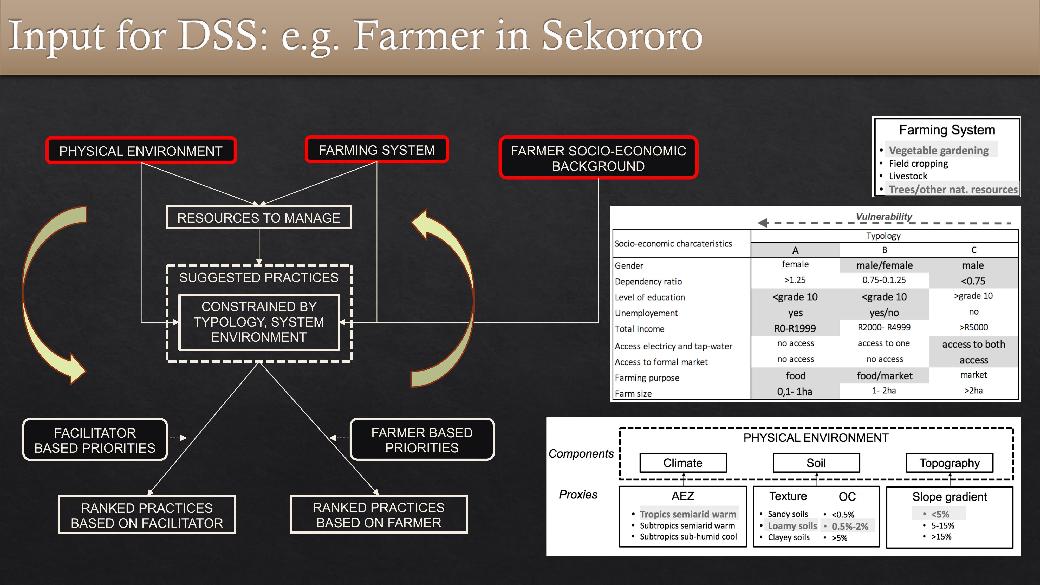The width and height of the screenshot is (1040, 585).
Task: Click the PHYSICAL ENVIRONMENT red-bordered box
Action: pyautogui.click(x=141, y=151)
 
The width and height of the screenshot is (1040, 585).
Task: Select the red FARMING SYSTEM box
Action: pyautogui.click(x=377, y=150)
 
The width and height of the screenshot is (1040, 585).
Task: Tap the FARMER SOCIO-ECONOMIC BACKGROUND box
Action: pyautogui.click(x=598, y=158)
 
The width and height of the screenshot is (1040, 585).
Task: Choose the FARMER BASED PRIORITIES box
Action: pyautogui.click(x=422, y=439)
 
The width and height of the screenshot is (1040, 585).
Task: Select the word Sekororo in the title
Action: pyautogui.click(x=622, y=36)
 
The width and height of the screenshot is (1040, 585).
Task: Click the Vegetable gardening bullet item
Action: pyautogui.click(x=939, y=150)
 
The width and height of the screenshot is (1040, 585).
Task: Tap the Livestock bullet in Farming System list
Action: pyautogui.click(x=908, y=176)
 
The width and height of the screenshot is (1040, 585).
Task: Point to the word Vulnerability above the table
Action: pyautogui.click(x=884, y=216)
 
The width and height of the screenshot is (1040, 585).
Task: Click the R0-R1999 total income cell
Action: pyautogui.click(x=795, y=328)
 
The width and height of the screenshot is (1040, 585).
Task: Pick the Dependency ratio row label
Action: pyautogui.click(x=648, y=281)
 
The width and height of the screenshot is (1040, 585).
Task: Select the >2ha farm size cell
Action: pyautogui.click(x=973, y=391)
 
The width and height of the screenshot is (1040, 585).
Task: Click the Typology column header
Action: pyautogui.click(x=883, y=236)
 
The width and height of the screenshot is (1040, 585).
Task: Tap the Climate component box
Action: pyautogui.click(x=683, y=463)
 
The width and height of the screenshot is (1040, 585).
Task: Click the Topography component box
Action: pyautogui.click(x=950, y=463)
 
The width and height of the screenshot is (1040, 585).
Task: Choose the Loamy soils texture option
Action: pyautogui.click(x=792, y=526)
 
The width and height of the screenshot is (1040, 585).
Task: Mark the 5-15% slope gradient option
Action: pyautogui.click(x=943, y=526)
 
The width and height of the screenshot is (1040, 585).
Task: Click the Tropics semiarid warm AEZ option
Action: pyautogui.click(x=688, y=514)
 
